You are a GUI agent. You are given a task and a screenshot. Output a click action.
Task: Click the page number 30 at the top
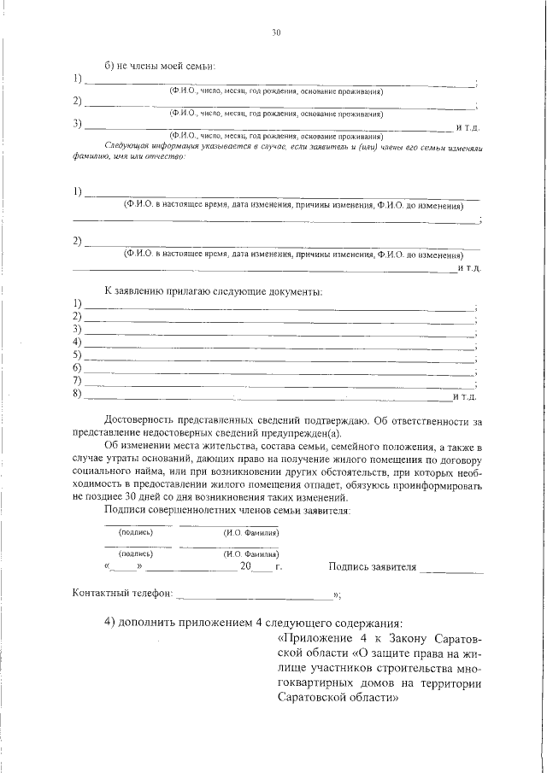275,33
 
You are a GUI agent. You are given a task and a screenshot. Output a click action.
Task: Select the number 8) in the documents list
77,394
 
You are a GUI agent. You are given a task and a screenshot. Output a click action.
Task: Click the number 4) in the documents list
77,342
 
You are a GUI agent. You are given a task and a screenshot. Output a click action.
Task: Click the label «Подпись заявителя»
372,566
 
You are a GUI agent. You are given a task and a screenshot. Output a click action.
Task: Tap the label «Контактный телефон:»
123,593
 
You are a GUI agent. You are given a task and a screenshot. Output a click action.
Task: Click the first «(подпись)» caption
136,532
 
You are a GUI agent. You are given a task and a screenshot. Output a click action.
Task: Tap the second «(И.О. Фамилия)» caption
252,553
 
